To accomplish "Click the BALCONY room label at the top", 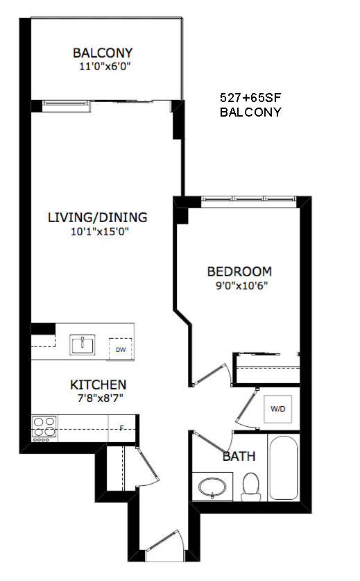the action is [x=103, y=53].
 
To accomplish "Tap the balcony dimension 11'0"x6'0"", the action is [x=105, y=67].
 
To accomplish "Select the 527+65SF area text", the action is [x=250, y=98].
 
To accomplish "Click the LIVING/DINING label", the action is [x=97, y=217].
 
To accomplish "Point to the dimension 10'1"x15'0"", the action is [x=100, y=232].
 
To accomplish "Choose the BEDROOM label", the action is [x=239, y=271].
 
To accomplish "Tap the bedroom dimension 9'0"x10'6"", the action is [x=242, y=286].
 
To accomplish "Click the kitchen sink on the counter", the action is [x=83, y=344].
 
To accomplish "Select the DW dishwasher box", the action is [x=121, y=349].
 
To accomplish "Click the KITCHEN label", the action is [x=98, y=385].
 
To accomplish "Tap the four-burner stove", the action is [x=45, y=429].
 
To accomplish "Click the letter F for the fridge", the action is [x=121, y=429].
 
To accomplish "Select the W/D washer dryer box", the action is [x=277, y=409].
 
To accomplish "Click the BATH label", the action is [x=239, y=456].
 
